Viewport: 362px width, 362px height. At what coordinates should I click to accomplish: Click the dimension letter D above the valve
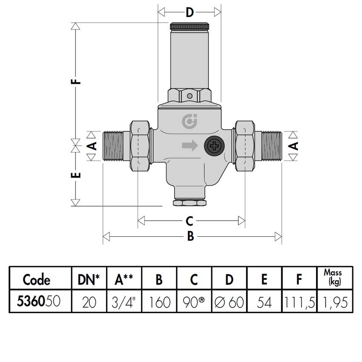pos(190,12)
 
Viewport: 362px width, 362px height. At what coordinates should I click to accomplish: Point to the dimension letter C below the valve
pos(190,221)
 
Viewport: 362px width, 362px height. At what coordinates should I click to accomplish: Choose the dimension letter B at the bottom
pos(191,236)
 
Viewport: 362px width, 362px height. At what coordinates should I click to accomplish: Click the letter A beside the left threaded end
pos(93,146)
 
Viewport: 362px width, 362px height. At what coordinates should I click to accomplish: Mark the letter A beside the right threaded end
pos(293,146)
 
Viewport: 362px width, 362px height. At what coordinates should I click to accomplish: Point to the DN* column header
pos(88,279)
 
